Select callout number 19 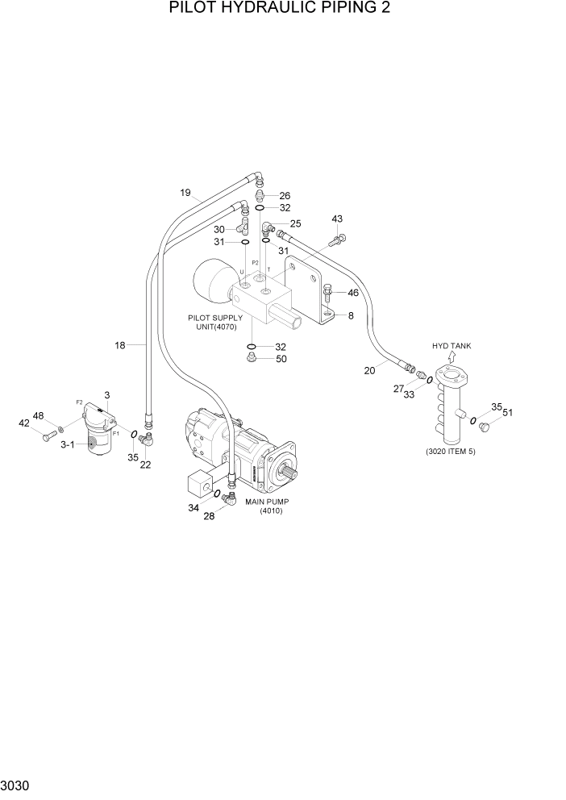point(185,193)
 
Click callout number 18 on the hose point(120,345)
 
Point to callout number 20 point(369,370)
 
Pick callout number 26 point(285,195)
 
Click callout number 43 point(337,219)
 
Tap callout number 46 point(352,293)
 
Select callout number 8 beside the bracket point(351,316)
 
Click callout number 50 point(281,359)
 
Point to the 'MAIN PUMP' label point(268,502)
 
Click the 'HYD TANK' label point(452,345)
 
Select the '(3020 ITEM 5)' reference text point(451,451)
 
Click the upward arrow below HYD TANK point(452,356)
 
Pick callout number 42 point(23,422)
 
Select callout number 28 point(209,516)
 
